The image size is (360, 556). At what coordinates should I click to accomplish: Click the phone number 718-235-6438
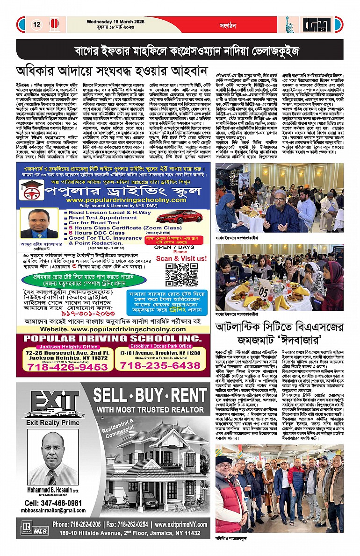pyautogui.click(x=160, y=366)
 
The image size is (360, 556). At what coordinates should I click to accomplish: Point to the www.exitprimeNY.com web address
pyautogui.click(x=180, y=524)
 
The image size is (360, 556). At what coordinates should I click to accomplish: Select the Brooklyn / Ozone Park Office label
pyautogui.click(x=159, y=346)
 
